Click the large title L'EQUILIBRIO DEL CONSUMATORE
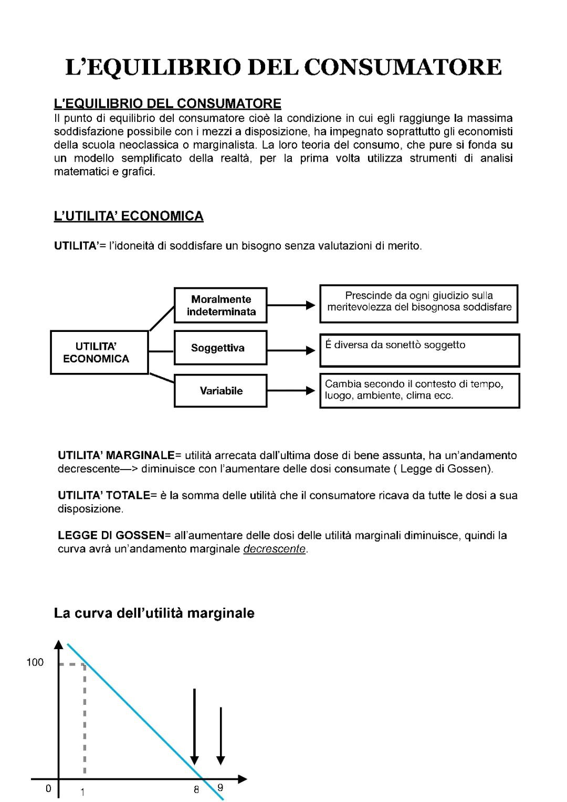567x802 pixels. coord(283,67)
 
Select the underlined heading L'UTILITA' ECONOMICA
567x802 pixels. coord(129,216)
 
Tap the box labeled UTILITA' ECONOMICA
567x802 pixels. coord(99,352)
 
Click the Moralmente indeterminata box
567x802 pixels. coord(220,305)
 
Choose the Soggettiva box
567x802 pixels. coord(220,348)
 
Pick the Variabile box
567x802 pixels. coord(220,391)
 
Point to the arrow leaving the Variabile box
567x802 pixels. coord(291,391)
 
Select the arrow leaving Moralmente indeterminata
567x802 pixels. coord(291,305)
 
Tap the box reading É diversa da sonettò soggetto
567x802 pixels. coord(419,350)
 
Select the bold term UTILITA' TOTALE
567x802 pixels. coord(103,495)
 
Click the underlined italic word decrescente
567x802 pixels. coord(275,549)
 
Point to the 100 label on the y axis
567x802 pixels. coord(35,662)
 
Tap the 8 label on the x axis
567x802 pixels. coord(196,789)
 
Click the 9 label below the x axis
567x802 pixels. coord(220,787)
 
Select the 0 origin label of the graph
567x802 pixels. coord(48,789)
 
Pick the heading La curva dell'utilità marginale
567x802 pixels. coord(154,613)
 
